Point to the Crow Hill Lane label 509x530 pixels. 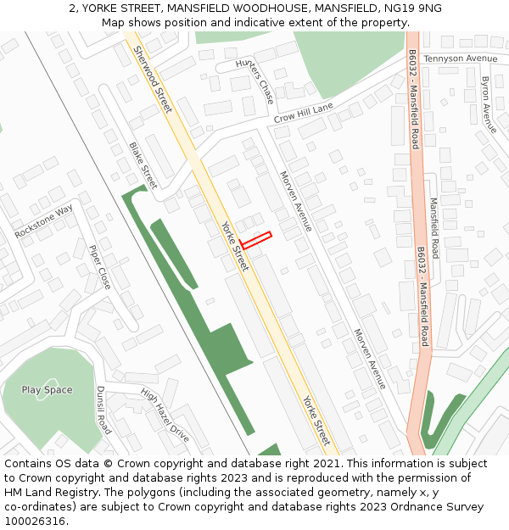(x=303, y=113)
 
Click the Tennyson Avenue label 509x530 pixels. (x=460, y=59)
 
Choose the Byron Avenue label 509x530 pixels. (x=488, y=104)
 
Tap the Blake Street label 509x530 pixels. (x=143, y=165)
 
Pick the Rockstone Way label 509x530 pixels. (x=44, y=222)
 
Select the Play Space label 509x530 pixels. (x=47, y=390)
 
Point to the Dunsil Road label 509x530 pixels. (x=103, y=410)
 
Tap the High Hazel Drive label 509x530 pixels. (x=165, y=416)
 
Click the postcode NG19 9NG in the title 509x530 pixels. (x=413, y=8)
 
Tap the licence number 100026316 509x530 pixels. (x=35, y=522)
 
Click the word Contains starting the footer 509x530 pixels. (x=30, y=464)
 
